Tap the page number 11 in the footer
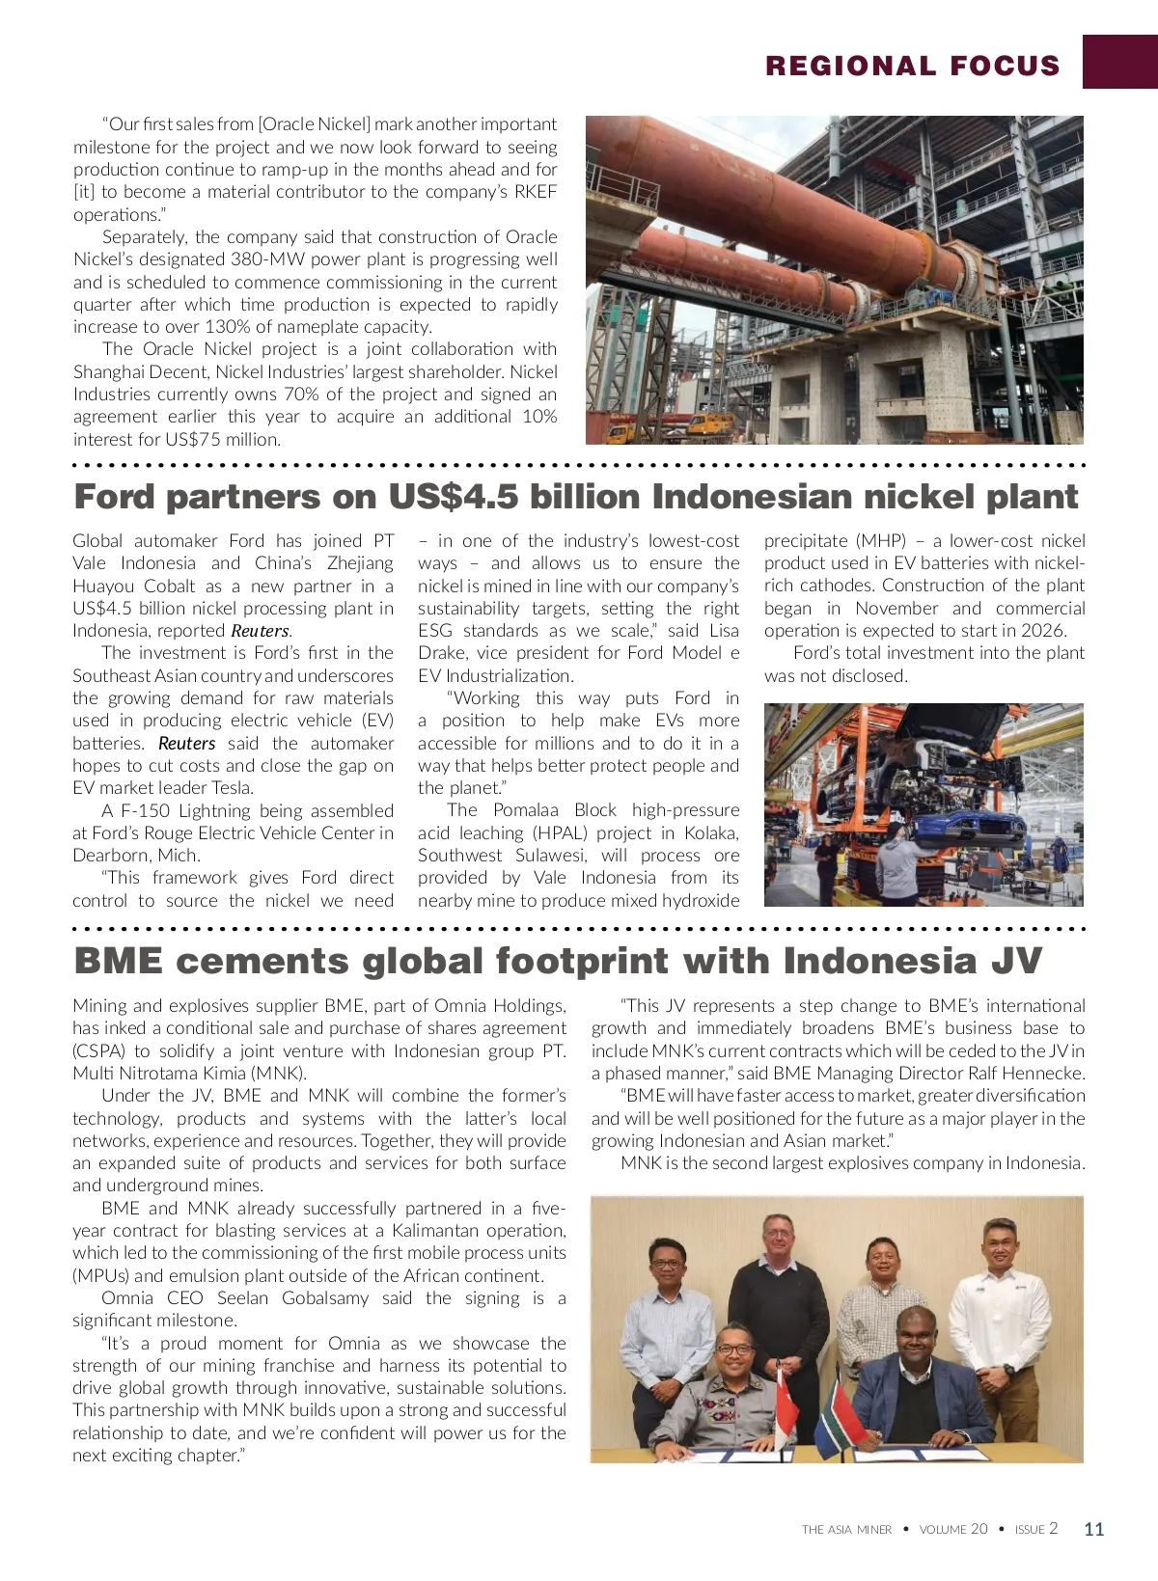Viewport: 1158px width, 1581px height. (1093, 1529)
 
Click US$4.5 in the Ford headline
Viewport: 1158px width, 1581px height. (453, 497)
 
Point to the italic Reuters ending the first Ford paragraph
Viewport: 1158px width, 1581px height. (260, 631)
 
